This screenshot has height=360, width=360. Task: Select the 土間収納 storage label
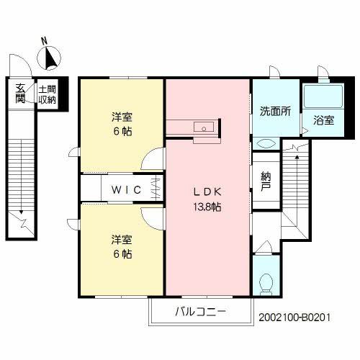47,93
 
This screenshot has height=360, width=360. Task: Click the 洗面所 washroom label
274,112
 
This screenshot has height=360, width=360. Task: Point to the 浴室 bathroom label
323,120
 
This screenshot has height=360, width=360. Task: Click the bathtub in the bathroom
323,96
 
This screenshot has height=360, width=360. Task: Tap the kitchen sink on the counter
206,129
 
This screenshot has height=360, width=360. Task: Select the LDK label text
209,192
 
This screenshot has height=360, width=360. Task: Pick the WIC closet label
123,190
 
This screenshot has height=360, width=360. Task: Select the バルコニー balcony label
201,312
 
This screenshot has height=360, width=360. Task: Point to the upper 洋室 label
122,117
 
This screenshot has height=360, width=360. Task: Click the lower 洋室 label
122,240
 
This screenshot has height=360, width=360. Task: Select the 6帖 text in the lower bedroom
121,254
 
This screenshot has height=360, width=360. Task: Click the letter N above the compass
44,40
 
